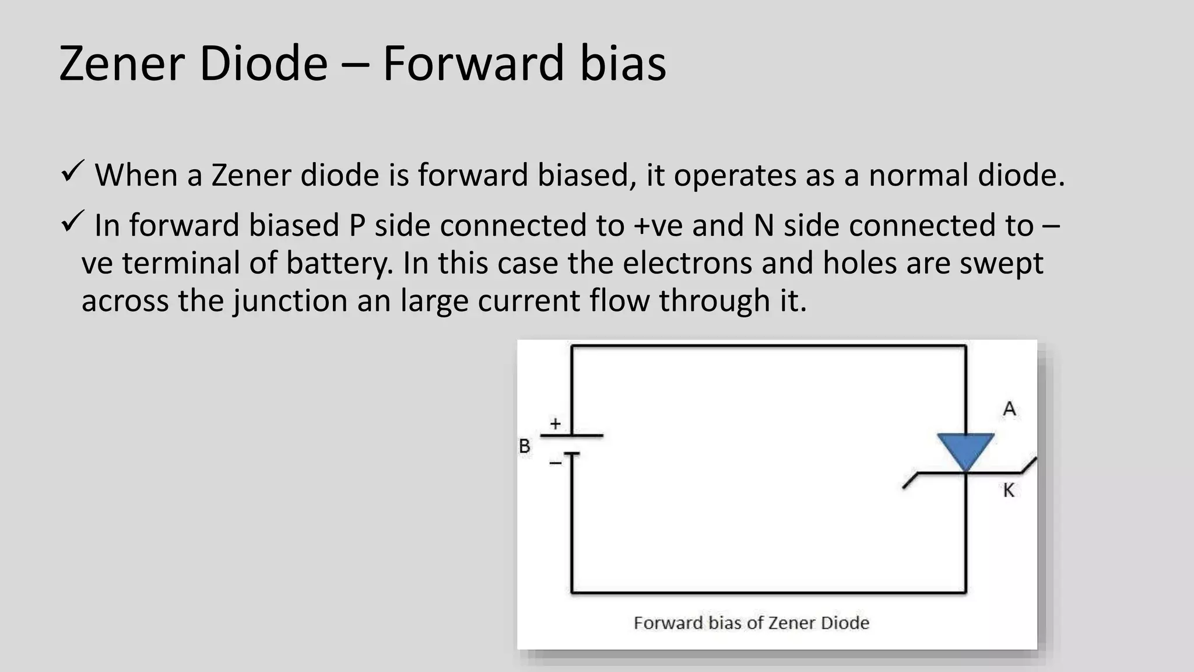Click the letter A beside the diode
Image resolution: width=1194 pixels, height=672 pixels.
tap(1009, 409)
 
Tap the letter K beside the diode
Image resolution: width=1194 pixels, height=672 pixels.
tap(1009, 491)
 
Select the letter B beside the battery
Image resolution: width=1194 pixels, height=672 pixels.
tap(525, 446)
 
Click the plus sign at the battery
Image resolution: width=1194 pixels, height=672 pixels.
tap(555, 423)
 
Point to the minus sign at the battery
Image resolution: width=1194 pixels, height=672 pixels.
tap(555, 463)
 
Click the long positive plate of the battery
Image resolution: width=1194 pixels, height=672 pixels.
tap(571, 435)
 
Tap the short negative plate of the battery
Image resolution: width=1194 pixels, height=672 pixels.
tap(571, 454)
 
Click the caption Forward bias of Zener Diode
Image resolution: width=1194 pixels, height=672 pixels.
tap(751, 623)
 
